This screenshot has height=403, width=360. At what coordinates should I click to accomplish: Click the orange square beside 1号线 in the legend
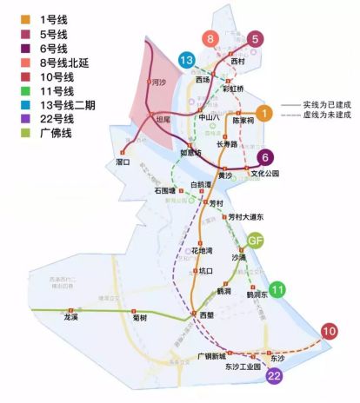(x=11, y=17)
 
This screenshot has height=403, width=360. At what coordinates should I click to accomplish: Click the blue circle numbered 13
(x=185, y=60)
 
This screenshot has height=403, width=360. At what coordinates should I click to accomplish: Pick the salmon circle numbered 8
(x=210, y=39)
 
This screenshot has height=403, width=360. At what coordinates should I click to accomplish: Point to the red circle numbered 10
(x=329, y=331)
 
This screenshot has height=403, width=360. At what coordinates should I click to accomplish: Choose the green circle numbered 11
(x=277, y=290)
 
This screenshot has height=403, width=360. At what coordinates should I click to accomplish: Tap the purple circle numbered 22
(x=275, y=375)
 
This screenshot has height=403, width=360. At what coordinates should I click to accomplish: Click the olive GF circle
(x=256, y=241)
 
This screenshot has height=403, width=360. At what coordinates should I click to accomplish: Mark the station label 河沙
(x=157, y=83)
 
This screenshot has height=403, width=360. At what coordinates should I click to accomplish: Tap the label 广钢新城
(x=210, y=356)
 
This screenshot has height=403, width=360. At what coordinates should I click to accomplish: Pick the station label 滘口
(x=123, y=162)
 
